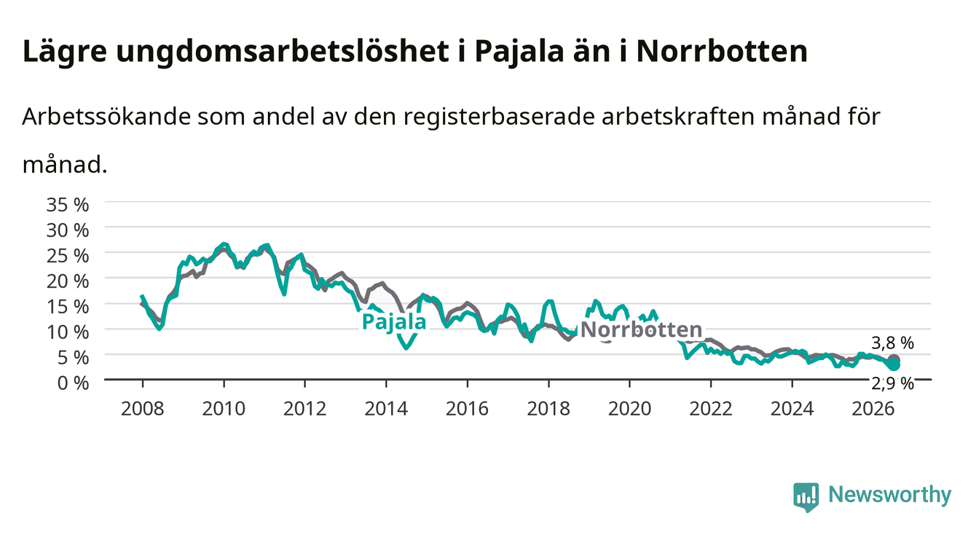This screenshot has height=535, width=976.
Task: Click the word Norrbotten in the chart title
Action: click(x=722, y=52)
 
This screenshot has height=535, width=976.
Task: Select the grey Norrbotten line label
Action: click(x=642, y=330)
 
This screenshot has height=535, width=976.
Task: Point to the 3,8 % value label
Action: click(x=892, y=343)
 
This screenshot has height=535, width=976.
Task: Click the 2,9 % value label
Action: click(x=892, y=383)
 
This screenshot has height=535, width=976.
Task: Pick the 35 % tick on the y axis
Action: click(x=68, y=205)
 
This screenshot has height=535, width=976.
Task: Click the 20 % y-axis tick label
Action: click(x=68, y=281)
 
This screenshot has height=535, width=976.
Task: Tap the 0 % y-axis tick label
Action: click(x=73, y=383)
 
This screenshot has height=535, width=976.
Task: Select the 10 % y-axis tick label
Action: click(x=68, y=332)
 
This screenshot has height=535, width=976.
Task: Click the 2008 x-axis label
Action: click(x=143, y=409)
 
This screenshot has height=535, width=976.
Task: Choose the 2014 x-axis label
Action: click(x=386, y=409)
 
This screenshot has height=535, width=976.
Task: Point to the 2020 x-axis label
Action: click(x=629, y=409)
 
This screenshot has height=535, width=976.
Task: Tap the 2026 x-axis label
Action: click(x=873, y=409)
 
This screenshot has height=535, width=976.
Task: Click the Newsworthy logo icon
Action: click(x=806, y=496)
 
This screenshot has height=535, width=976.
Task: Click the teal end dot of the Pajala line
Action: click(x=894, y=365)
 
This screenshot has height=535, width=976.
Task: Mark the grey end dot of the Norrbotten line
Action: click(x=894, y=360)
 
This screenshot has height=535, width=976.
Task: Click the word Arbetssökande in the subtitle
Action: click(x=106, y=117)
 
